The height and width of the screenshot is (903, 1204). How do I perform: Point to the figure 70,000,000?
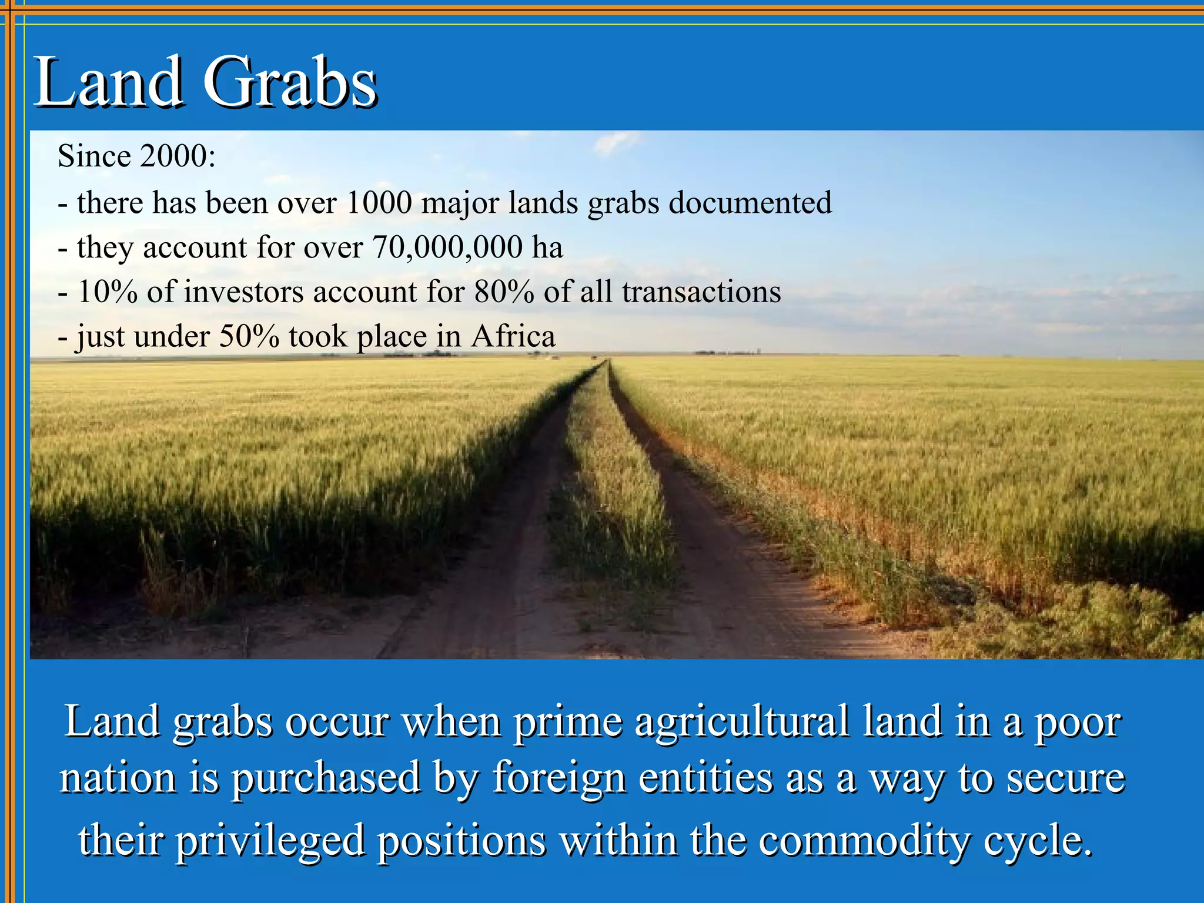[447, 248]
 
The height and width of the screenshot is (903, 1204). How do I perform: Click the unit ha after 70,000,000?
[547, 248]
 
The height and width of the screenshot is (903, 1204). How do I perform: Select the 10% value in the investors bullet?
[107, 292]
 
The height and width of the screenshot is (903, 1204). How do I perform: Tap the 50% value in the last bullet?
[249, 337]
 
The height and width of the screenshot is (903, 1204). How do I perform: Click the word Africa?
[513, 337]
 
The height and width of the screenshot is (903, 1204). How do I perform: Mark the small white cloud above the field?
[616, 141]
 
